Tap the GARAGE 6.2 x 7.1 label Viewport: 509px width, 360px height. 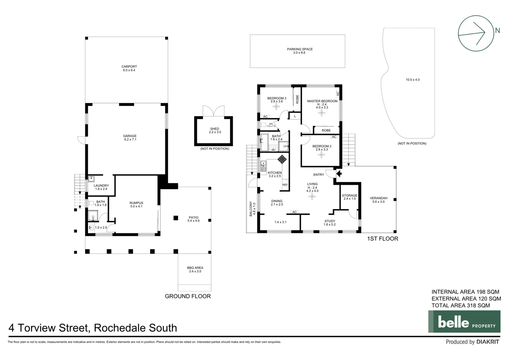(x=130, y=138)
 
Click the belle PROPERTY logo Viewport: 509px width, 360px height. (x=464, y=321)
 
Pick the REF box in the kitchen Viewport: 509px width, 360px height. (x=285, y=185)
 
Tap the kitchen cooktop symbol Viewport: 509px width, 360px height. (x=282, y=159)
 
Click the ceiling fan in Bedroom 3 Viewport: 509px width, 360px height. (x=276, y=107)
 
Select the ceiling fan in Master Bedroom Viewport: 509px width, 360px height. (x=321, y=113)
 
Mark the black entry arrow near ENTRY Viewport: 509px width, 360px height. (x=339, y=173)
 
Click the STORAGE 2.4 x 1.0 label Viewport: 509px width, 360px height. (x=349, y=197)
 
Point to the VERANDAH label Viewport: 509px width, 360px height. (x=378, y=200)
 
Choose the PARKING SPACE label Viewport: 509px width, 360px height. (x=300, y=51)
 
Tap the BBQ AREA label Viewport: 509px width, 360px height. (x=195, y=269)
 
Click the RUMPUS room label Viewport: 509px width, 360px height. (x=136, y=204)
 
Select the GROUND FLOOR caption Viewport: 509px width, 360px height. (x=188, y=296)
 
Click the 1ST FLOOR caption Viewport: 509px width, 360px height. (x=382, y=239)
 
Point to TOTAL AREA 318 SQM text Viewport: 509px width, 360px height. (x=460, y=305)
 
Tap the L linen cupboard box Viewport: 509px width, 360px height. (x=295, y=116)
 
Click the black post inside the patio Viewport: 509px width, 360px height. (x=176, y=218)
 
